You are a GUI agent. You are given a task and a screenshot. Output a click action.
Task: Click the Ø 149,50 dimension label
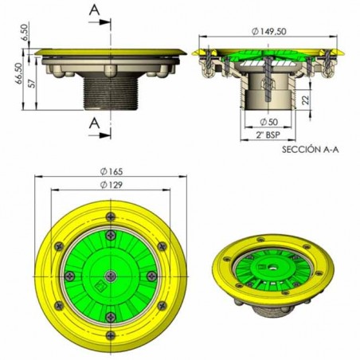point(269,32)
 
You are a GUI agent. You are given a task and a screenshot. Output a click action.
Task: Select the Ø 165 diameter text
point(112,172)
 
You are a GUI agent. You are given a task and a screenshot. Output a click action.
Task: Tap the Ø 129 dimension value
point(112,185)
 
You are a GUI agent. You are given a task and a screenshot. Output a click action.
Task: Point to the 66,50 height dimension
point(19,74)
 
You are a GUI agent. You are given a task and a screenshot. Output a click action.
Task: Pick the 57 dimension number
point(32,83)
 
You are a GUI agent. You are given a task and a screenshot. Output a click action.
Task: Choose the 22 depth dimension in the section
point(306,100)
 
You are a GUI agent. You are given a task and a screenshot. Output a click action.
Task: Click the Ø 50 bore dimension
point(268,122)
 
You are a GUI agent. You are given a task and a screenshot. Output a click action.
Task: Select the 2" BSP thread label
point(268,135)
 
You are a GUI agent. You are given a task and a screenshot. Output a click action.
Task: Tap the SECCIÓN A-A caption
point(311,150)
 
